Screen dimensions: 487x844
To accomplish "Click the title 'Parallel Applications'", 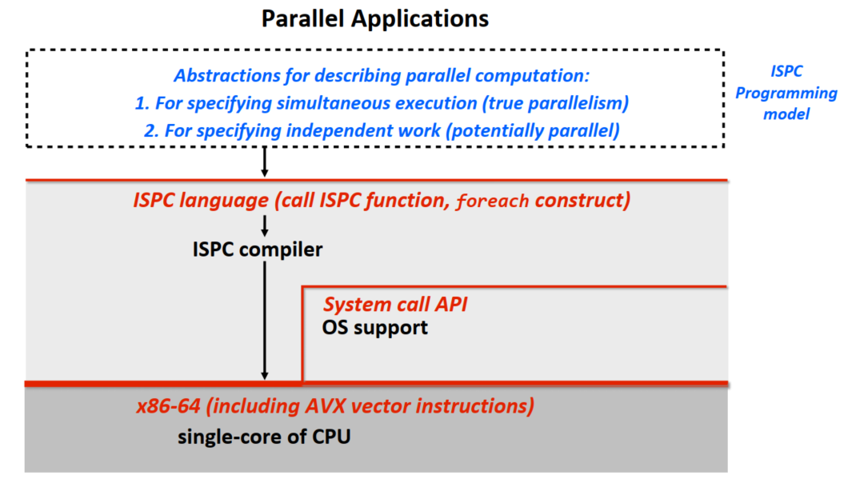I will tap(375, 18).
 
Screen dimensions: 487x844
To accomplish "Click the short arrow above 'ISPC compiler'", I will tap(264, 225).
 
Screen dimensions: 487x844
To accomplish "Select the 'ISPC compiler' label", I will tap(257, 249).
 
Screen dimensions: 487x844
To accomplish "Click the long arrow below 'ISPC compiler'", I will tap(264, 320).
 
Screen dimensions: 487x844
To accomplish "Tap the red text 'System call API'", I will tap(395, 305).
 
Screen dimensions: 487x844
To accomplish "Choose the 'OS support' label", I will tap(374, 327).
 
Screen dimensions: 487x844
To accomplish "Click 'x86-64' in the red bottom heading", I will tap(168, 406).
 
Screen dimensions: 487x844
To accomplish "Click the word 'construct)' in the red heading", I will tap(582, 200).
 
